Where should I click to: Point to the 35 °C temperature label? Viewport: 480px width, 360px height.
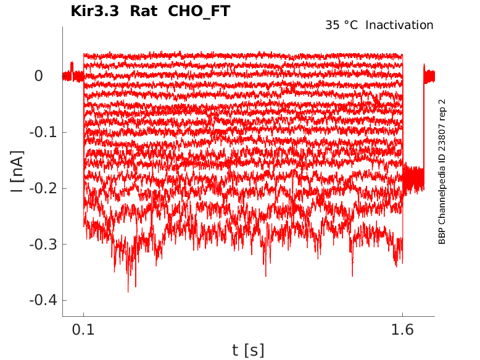[x=342, y=25]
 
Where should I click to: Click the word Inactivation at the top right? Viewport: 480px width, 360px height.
[x=400, y=25]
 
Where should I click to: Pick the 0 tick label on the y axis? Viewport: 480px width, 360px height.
[x=38, y=76]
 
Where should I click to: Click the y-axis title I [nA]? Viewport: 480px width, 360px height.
[x=19, y=171]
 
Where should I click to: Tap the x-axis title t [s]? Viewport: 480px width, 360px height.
[x=248, y=350]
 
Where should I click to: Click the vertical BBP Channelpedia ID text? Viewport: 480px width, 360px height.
[x=442, y=171]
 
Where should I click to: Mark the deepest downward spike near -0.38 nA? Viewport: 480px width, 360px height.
[x=128, y=290]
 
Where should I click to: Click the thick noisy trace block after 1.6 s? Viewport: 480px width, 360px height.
[x=413, y=178]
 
